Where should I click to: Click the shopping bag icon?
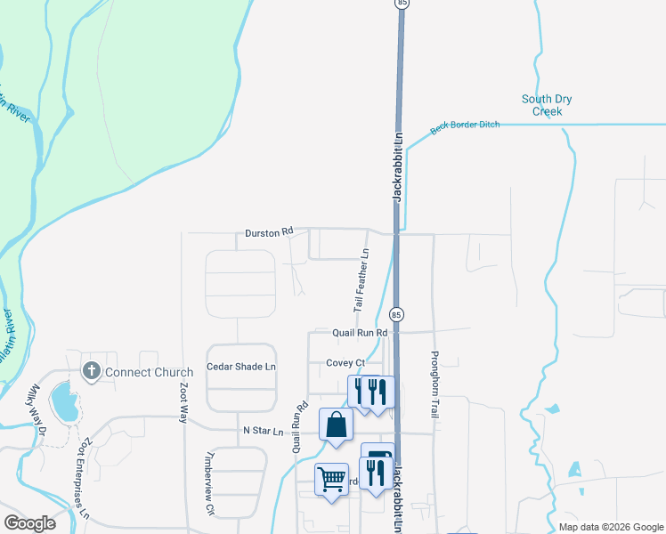tap(336, 425)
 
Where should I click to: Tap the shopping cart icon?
tap(331, 480)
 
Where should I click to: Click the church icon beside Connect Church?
tap(90, 371)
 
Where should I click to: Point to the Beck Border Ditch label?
tap(465, 127)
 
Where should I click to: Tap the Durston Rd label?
tap(269, 232)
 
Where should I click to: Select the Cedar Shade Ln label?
tap(241, 367)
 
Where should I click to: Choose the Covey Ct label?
tap(345, 363)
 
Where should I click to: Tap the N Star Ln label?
tap(263, 431)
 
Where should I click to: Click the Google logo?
tap(29, 523)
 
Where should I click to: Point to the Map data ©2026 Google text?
tap(611, 527)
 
